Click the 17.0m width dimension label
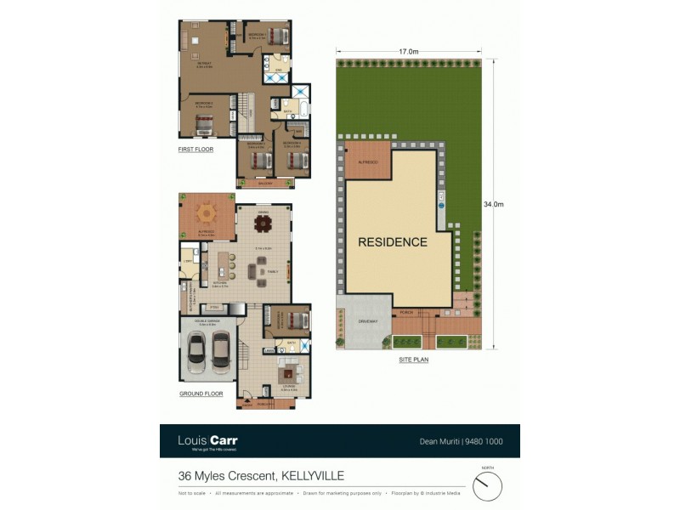pos(409,52)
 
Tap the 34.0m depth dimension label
pos(493,204)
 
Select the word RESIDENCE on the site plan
pos(392,242)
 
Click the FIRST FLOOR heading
pos(195,150)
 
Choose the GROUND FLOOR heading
pos(201,394)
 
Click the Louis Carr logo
pos(207,441)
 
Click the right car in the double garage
pos(221,348)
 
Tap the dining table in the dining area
pos(263,224)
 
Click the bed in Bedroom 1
pos(278,36)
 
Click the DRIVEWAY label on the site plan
pos(367,320)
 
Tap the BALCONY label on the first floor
pos(266,182)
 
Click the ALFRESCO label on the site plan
pos(367,160)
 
